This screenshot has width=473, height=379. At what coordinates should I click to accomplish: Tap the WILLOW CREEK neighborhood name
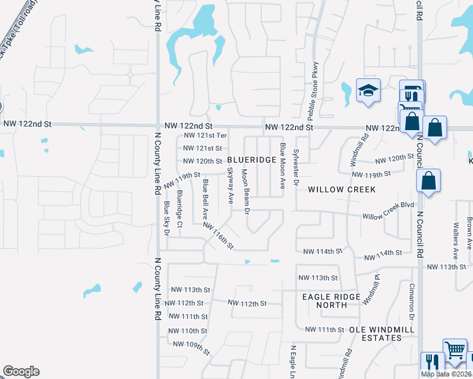coord(341,189)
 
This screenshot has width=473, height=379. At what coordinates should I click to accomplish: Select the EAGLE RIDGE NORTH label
coord(332,301)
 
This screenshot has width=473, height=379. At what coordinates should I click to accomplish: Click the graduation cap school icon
coord(367,92)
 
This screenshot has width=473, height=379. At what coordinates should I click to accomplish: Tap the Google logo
coord(21,371)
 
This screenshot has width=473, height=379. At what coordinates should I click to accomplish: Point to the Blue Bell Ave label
coord(206,197)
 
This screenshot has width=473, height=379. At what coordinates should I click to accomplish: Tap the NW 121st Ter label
coord(205,136)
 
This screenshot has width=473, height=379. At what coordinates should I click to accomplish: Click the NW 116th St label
coord(218,235)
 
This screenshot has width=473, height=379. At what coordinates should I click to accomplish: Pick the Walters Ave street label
coord(455,241)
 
